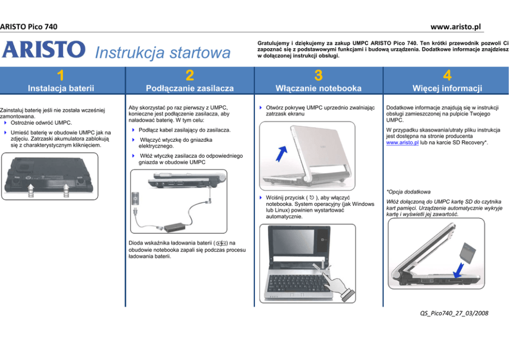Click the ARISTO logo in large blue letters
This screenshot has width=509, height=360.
point(44,49)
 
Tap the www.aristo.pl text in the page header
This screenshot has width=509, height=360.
point(456,27)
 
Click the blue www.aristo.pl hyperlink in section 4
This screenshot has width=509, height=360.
point(402,143)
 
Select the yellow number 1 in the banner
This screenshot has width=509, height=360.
point(61,75)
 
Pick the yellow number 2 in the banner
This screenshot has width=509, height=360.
point(189,75)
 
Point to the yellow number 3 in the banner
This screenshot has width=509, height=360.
point(319,75)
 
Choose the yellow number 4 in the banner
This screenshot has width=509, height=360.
point(447,75)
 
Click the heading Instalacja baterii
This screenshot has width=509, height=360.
point(61,88)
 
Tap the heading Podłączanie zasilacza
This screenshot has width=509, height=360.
point(189,88)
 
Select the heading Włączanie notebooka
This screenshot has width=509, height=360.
point(319,88)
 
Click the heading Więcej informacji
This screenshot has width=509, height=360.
point(447,88)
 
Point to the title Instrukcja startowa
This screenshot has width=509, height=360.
point(163,52)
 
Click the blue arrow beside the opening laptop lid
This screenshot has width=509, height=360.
point(282,154)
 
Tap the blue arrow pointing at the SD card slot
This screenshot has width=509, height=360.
point(458,271)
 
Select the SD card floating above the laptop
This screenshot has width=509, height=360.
point(468,253)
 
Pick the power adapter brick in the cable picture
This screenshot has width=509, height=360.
point(174,227)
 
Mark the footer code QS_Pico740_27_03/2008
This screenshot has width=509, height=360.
point(454,313)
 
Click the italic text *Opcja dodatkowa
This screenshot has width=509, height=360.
point(408,192)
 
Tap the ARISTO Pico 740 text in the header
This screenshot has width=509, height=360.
point(29,27)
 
